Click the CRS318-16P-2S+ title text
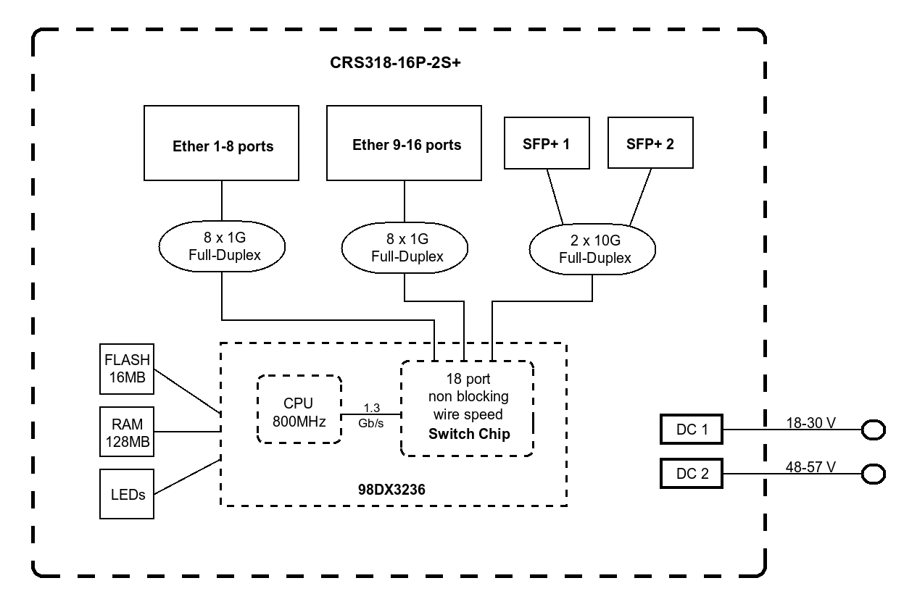tap(396, 63)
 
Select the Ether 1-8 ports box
tap(222, 144)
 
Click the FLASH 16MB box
tap(127, 369)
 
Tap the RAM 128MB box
tap(127, 432)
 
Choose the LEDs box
tap(127, 494)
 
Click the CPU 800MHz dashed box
tap(299, 410)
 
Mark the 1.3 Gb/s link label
tap(370, 415)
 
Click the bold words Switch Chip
tap(469, 435)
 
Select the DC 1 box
tap(692, 430)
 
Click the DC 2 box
tap(692, 474)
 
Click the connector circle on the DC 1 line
tap(873, 430)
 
